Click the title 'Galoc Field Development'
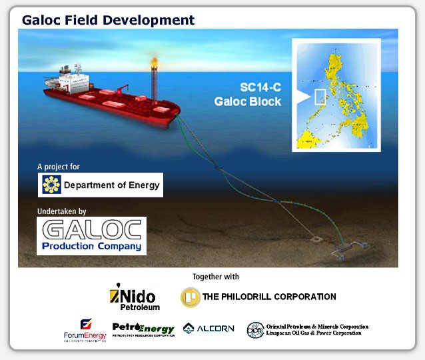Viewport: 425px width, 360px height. click(x=108, y=19)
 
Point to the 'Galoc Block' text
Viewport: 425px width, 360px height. click(x=247, y=102)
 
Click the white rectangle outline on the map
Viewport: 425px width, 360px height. click(x=319, y=96)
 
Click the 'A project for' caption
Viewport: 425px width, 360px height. click(x=59, y=167)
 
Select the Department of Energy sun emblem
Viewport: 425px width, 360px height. click(x=51, y=185)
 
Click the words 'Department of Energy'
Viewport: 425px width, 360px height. click(x=111, y=185)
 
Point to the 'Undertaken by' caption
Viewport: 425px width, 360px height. click(x=62, y=211)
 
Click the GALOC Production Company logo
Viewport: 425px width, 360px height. click(x=92, y=236)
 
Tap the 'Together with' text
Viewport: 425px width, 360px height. click(x=215, y=277)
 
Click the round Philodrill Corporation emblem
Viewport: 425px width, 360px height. click(x=190, y=297)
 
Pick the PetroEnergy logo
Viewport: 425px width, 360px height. click(x=143, y=329)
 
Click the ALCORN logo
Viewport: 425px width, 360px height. click(x=209, y=329)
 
